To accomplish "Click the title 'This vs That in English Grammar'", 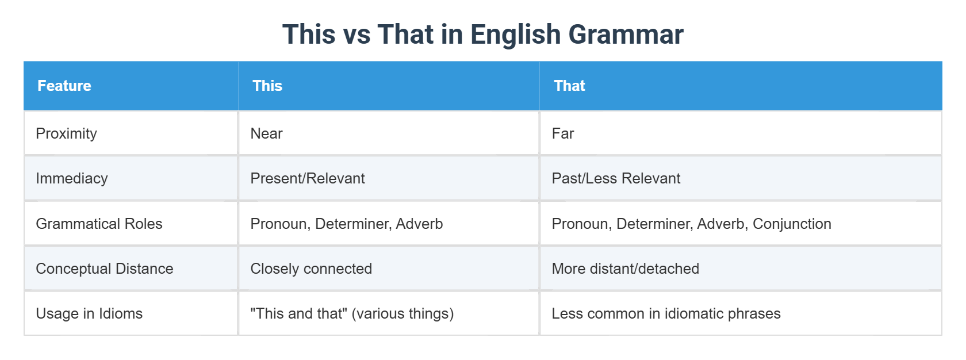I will click(x=482, y=35).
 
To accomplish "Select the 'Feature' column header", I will click(x=64, y=86).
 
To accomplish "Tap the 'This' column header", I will click(x=267, y=86).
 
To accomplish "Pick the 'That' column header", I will click(x=569, y=86).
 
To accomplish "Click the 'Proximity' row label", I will click(x=66, y=133).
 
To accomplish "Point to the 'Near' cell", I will click(x=266, y=133).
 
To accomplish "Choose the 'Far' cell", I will click(x=563, y=133).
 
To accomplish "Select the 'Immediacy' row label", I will click(x=72, y=178).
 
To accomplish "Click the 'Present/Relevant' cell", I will click(x=308, y=178).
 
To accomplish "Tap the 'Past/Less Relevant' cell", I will click(x=616, y=178).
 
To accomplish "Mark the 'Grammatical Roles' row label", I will click(x=99, y=224).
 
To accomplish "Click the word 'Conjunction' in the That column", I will click(x=792, y=224).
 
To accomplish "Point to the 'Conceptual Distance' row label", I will click(x=105, y=269).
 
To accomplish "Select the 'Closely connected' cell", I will click(x=311, y=269).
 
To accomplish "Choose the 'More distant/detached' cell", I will click(x=625, y=269).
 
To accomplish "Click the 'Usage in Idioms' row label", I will click(x=89, y=313).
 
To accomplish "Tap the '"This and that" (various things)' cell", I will click(x=352, y=313).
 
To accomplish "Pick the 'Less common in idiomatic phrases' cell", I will click(x=666, y=313).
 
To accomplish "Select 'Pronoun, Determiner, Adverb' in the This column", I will click(x=347, y=224).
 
